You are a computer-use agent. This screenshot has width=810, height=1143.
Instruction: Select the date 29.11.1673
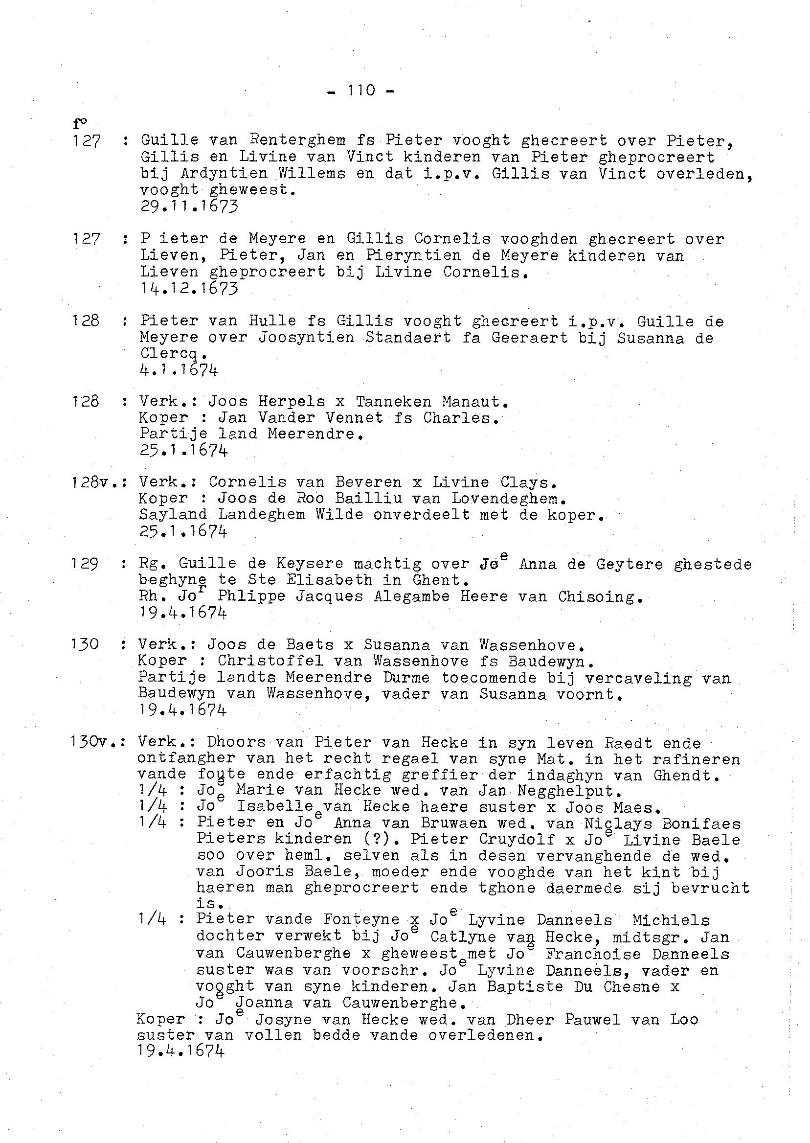point(189,206)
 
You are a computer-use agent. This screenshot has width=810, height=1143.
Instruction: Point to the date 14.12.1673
point(189,288)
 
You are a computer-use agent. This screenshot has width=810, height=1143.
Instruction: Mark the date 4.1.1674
point(179,370)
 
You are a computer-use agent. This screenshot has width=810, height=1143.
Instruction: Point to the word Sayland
point(173,514)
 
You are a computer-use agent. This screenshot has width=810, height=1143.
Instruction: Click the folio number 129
point(84,564)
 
